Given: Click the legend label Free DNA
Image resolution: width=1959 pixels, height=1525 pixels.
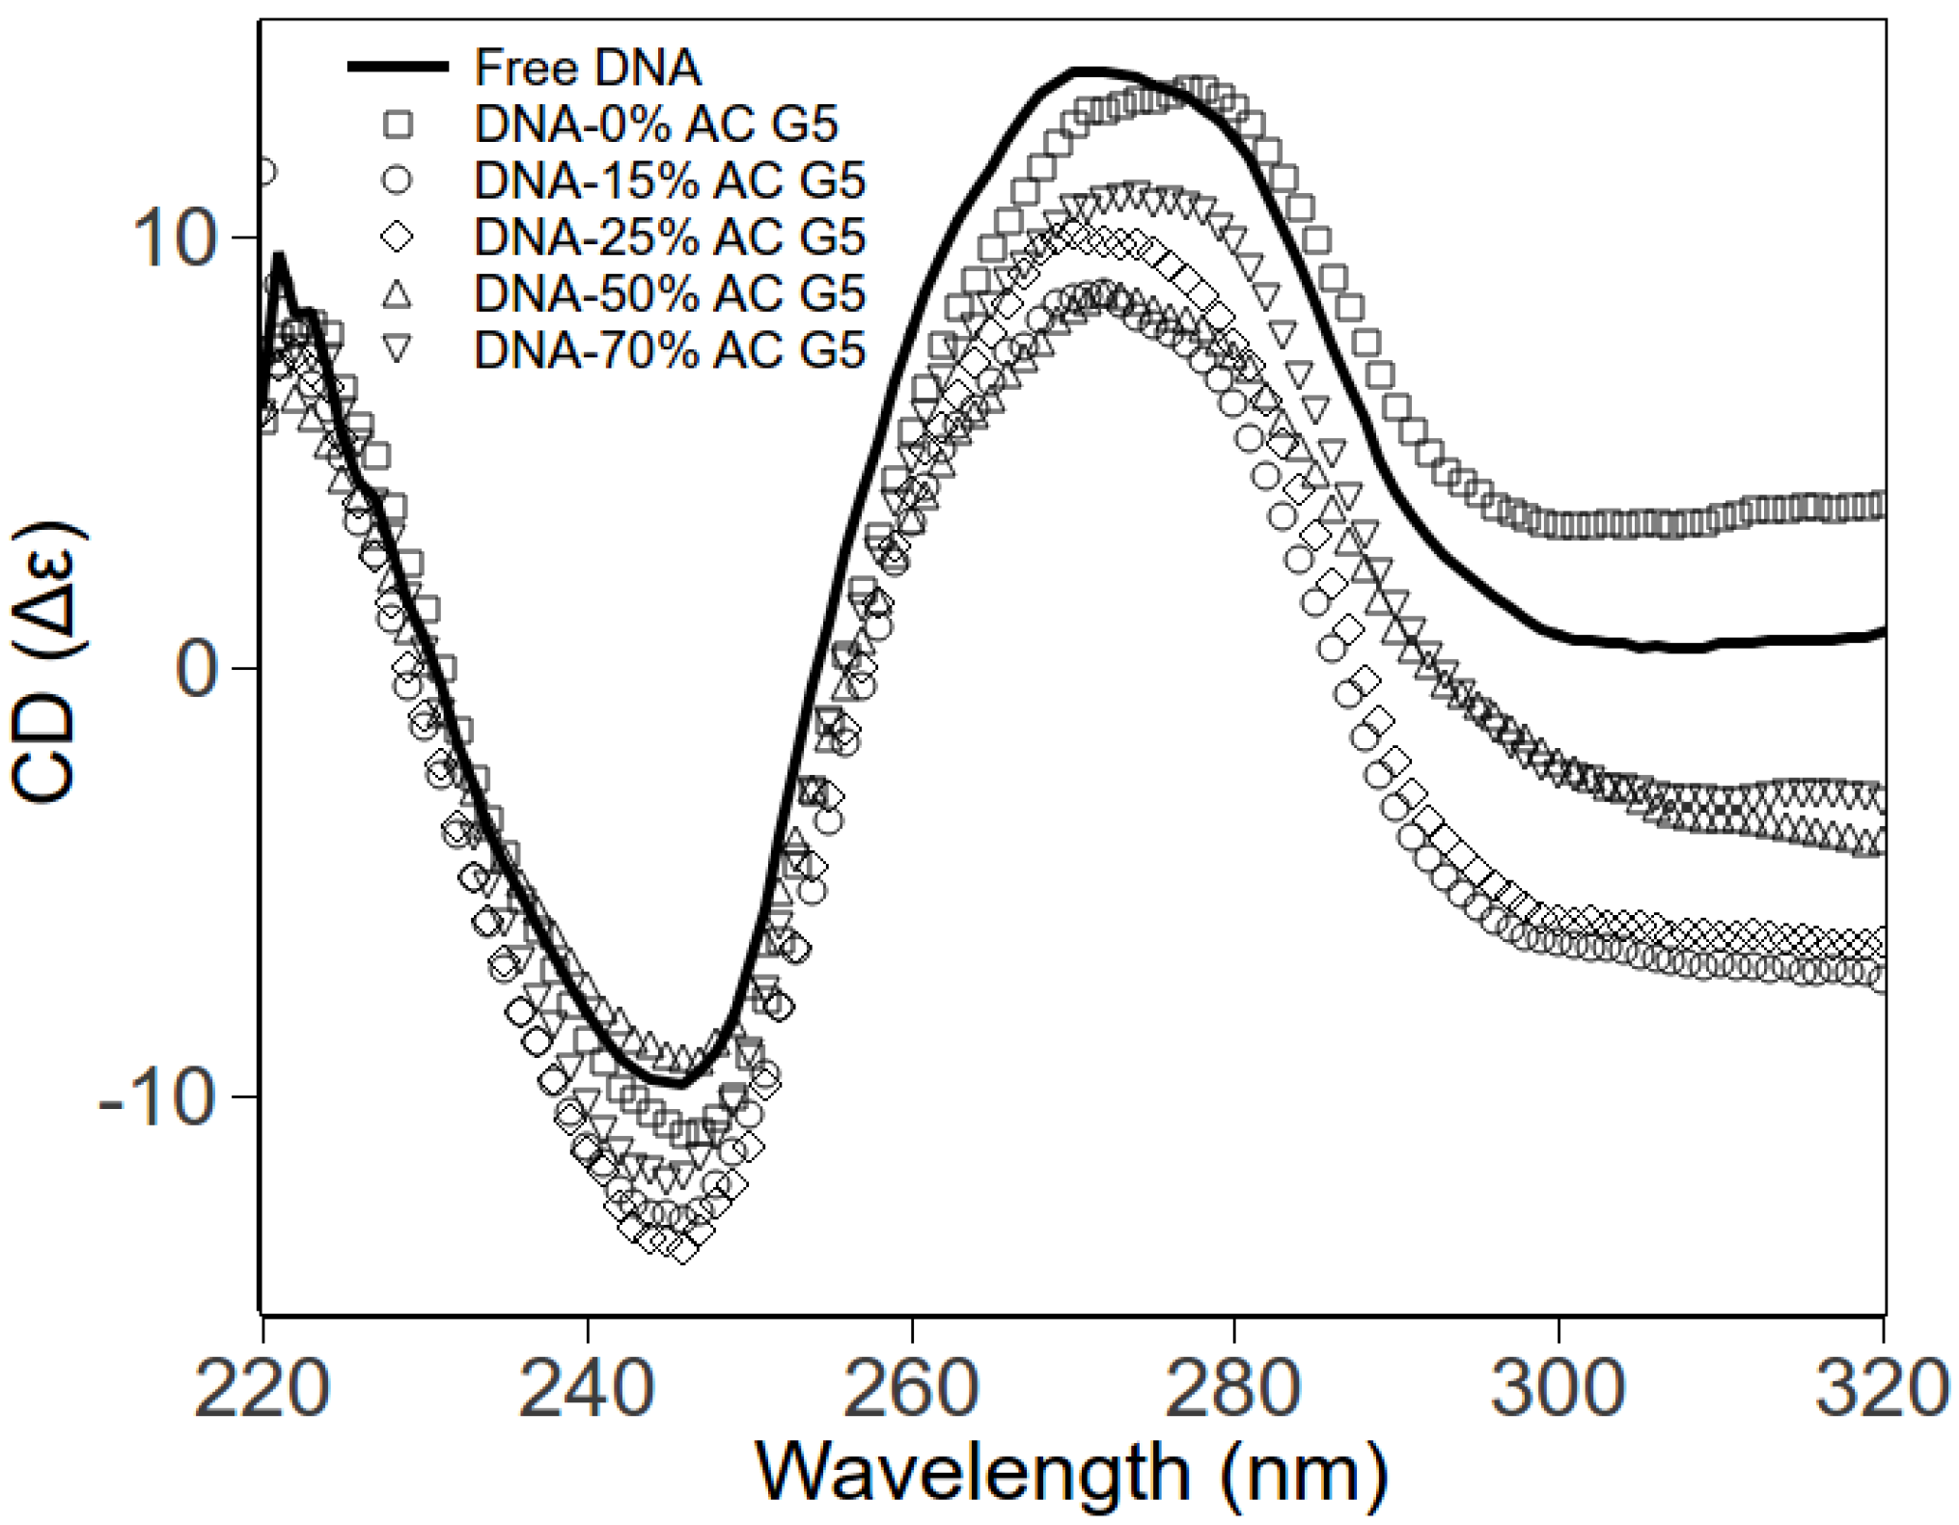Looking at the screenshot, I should point(587,68).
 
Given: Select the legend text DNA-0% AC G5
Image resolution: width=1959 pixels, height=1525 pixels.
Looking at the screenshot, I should point(656,125).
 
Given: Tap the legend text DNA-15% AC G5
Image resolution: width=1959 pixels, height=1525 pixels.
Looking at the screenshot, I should point(670,180).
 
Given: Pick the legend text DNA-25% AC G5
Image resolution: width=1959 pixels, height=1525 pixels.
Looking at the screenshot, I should point(670,237).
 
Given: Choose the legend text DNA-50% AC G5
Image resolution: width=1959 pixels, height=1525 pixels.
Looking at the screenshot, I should point(670,293).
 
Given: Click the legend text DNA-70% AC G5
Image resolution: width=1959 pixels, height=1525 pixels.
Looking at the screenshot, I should point(670,349).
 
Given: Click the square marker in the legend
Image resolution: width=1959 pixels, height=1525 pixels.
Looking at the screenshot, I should point(398,125).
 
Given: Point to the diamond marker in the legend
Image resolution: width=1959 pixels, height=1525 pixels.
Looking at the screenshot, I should point(398,237).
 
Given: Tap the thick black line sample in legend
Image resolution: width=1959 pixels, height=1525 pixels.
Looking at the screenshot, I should point(398,68).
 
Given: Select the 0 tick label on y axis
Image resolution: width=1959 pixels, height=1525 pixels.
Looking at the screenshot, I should point(197,669).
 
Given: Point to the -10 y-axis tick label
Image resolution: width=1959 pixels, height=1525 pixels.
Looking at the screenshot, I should point(156,1098).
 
